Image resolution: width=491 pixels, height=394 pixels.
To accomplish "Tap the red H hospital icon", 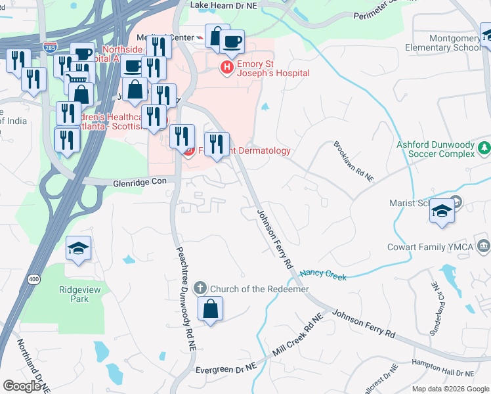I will [x=227, y=67].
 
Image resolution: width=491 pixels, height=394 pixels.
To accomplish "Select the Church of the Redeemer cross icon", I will [x=200, y=288].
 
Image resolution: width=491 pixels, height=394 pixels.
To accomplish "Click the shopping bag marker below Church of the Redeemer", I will [x=210, y=309].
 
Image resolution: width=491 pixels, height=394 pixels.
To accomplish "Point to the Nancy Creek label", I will [x=323, y=275].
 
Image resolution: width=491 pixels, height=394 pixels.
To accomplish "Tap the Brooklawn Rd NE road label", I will [x=353, y=161].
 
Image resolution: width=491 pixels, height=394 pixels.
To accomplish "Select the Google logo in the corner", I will [x=22, y=385].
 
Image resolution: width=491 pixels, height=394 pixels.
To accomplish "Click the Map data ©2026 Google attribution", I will [x=449, y=389].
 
